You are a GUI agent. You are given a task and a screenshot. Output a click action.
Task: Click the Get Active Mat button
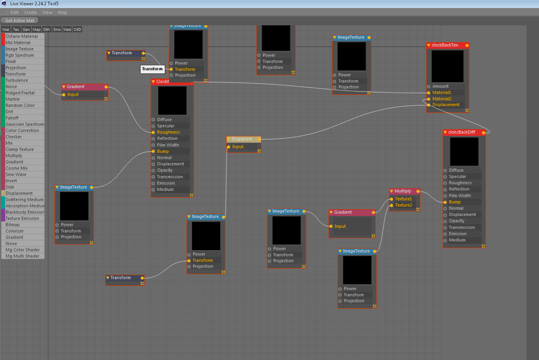click(x=20, y=20)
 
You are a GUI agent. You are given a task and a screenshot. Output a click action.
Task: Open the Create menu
click(x=30, y=12)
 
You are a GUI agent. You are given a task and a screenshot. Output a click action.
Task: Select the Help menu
click(x=62, y=12)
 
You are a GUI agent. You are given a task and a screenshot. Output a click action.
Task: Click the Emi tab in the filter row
click(x=57, y=29)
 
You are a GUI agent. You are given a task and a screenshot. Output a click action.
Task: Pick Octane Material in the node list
click(x=21, y=36)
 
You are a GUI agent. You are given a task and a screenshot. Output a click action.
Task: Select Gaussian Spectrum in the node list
click(x=25, y=124)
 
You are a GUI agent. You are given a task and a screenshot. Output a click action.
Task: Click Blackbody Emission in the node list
click(x=25, y=212)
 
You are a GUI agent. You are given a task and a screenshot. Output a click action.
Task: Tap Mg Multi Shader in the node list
click(x=23, y=256)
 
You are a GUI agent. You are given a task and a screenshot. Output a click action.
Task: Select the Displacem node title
click(x=242, y=139)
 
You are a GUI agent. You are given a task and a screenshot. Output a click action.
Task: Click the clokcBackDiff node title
click(x=463, y=132)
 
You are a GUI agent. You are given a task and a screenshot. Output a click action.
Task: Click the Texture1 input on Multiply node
click(x=403, y=199)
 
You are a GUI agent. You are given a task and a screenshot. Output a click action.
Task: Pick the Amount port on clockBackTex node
click(x=440, y=86)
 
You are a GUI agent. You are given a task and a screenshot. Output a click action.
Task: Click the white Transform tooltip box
click(x=152, y=69)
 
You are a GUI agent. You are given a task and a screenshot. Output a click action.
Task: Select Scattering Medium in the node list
click(x=25, y=199)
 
